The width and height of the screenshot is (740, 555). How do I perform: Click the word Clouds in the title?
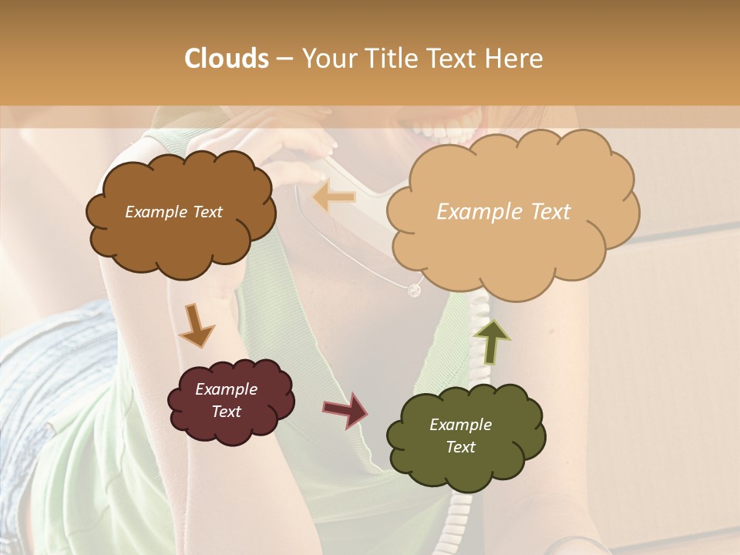(x=227, y=59)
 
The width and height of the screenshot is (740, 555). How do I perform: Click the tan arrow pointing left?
(x=335, y=197)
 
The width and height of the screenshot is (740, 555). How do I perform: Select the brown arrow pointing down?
(x=196, y=325)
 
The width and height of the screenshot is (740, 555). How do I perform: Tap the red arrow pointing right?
(x=345, y=409)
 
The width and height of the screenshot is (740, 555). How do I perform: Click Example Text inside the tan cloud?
(x=503, y=212)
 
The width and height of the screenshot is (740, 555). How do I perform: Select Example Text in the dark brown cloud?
(x=173, y=212)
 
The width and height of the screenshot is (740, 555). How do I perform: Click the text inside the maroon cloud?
(x=227, y=400)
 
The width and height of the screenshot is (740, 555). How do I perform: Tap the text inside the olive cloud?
(x=460, y=436)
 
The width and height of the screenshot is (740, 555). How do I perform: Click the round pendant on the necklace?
(x=414, y=290)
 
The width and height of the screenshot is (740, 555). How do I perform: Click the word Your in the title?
(x=327, y=59)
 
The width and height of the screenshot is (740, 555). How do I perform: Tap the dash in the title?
(x=284, y=59)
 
